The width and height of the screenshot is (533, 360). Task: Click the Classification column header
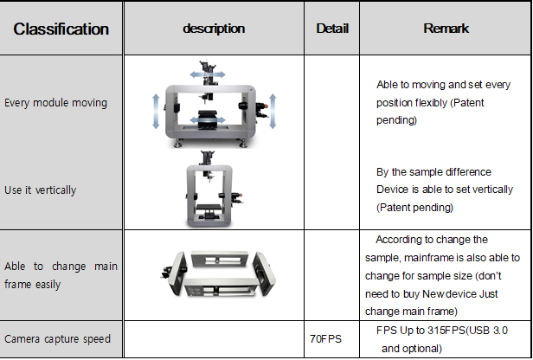coord(61,29)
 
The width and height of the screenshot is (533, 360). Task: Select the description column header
coord(214,29)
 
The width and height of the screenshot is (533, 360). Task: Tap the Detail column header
coord(332,29)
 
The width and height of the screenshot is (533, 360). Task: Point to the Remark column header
coord(446,29)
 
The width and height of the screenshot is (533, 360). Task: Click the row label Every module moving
coord(55,103)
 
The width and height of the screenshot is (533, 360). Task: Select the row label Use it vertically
coord(40,190)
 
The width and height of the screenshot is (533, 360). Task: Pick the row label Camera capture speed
coord(57,339)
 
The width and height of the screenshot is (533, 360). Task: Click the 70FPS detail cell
coord(325,339)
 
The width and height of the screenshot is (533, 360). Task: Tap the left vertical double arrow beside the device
coord(156,112)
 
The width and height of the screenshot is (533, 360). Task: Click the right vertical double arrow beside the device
coord(273,112)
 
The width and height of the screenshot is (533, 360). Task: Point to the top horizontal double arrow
coord(208,74)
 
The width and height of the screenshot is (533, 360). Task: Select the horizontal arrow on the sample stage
coord(208,119)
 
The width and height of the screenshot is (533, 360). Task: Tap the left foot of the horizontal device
coord(177,144)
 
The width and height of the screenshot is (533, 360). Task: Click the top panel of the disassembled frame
coord(220,260)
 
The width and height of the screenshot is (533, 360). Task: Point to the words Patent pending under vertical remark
coord(414,208)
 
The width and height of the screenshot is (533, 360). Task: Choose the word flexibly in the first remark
coord(430,103)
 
